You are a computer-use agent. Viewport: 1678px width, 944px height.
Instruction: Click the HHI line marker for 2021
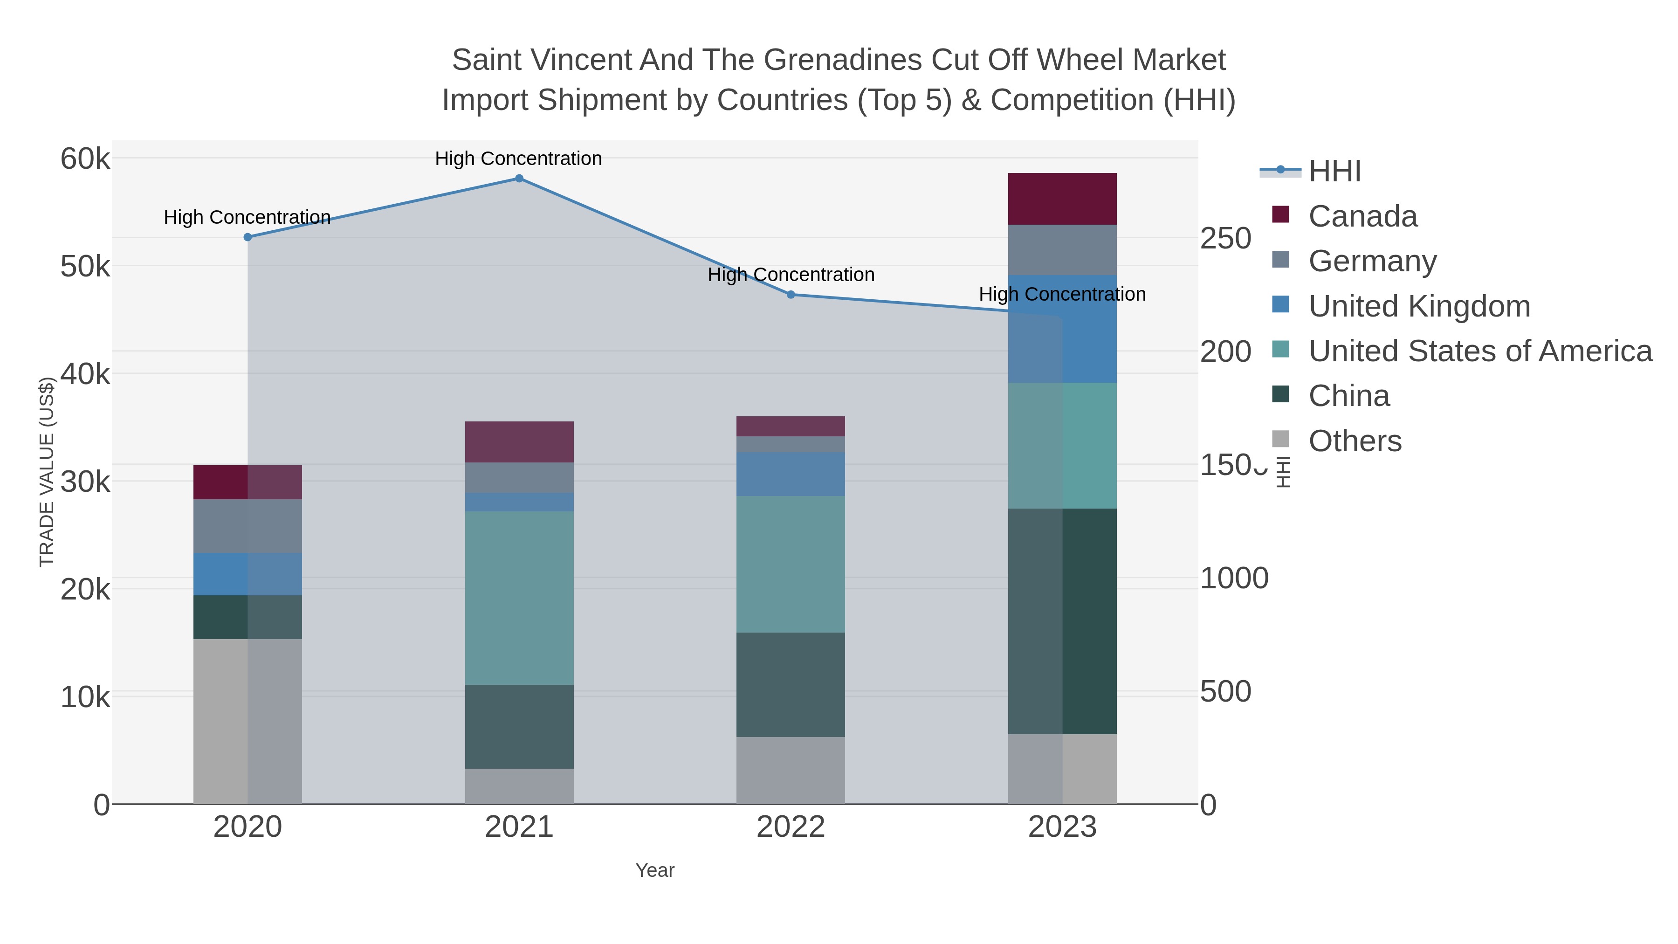tap(519, 179)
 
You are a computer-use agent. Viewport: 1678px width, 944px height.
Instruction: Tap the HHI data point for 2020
tap(248, 237)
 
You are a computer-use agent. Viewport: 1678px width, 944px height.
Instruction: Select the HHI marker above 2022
tap(791, 295)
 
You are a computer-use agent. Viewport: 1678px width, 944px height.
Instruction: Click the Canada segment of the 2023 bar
tap(1062, 199)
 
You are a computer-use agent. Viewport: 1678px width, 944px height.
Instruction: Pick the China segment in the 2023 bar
tap(1062, 621)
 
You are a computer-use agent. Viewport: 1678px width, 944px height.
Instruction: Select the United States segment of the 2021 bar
tap(519, 598)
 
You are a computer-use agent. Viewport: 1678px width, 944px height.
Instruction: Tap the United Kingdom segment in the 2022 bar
tap(791, 474)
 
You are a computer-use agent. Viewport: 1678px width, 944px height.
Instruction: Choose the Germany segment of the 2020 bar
tap(248, 526)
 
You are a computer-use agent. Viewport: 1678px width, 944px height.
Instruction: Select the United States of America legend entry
tap(1480, 351)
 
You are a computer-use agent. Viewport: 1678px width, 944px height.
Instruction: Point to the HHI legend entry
tap(1334, 172)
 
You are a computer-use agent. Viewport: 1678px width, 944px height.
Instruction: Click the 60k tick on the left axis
tap(85, 159)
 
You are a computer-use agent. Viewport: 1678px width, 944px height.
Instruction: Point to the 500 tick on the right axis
tap(1225, 691)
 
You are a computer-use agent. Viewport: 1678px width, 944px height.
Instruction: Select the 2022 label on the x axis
tap(791, 827)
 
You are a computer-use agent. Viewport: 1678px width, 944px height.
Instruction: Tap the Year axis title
tap(655, 870)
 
